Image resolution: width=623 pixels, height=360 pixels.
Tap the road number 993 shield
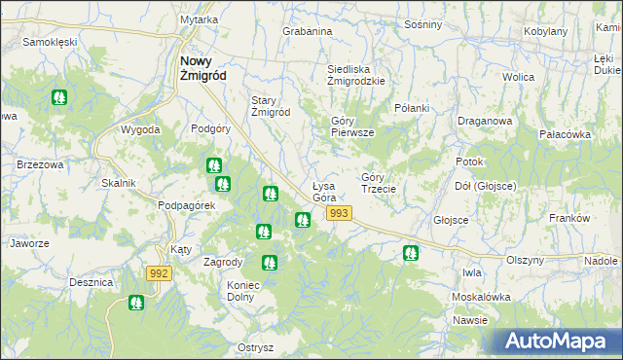point(339,213)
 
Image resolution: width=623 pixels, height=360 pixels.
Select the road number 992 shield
point(161,274)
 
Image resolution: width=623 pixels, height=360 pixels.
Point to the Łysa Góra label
point(324,192)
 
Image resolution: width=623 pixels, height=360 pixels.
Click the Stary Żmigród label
point(272,106)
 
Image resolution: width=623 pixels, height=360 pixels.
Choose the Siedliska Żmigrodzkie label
point(356,76)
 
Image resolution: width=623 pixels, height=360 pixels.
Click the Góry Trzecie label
point(378,183)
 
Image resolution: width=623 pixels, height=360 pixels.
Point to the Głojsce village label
point(451,220)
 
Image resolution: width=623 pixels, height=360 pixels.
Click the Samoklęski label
point(50,43)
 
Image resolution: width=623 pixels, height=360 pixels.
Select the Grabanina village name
point(308,31)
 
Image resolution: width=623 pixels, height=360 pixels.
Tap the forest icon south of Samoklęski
point(60,97)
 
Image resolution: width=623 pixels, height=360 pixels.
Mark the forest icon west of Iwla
point(411,253)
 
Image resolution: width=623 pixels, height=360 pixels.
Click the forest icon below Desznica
point(136,305)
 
